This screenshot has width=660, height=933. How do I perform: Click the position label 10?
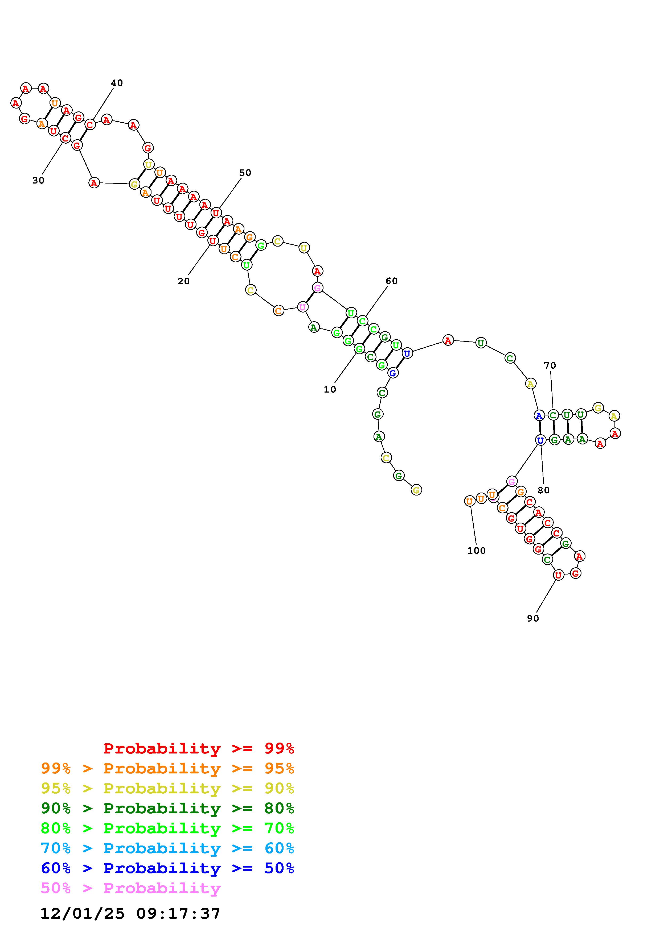330,389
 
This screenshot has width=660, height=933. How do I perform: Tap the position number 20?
183,281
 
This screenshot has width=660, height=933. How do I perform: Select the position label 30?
38,180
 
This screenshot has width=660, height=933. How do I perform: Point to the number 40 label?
117,83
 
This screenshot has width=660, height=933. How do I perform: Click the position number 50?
245,173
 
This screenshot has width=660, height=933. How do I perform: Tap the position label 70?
550,365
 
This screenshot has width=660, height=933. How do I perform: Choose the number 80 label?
544,490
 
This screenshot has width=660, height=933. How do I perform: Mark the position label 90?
533,618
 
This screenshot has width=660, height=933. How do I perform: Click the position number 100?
476,551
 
